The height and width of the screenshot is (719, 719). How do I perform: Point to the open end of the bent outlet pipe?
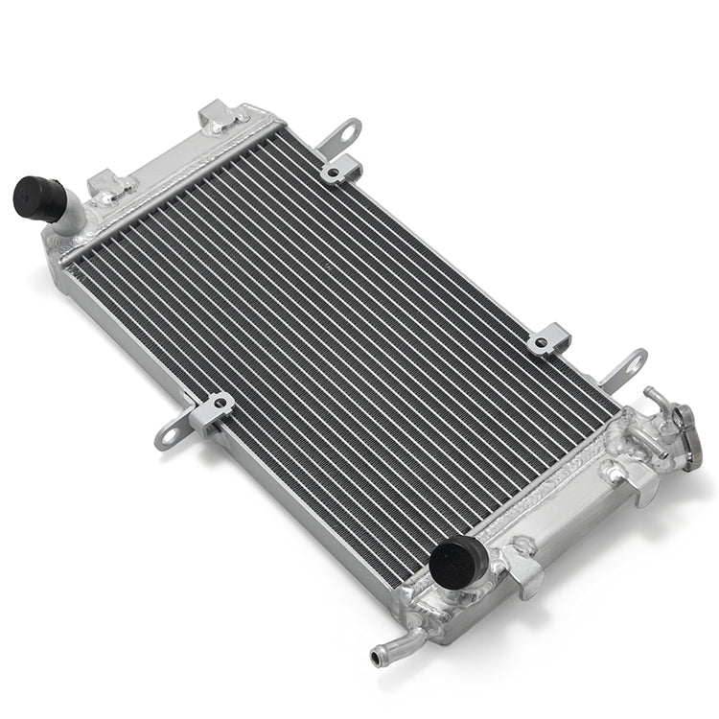pos(375,658)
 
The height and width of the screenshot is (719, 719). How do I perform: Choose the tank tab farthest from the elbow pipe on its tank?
pos(220,118)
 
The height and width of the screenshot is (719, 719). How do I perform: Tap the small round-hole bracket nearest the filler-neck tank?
pos(549,340)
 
